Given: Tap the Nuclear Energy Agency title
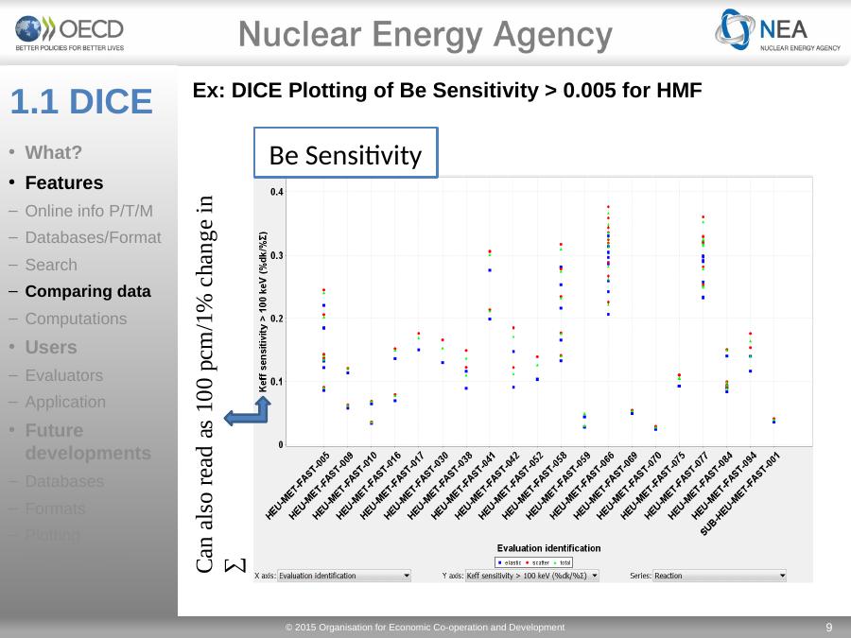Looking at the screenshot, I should pos(425,35).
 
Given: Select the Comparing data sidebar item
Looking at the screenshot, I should pos(88,291).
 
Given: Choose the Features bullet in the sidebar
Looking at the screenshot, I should pos(64,181).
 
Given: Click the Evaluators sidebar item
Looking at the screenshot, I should pos(64,375).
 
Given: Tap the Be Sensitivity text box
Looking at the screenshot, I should pos(346,154).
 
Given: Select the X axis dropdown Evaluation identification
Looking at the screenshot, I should pos(344,575).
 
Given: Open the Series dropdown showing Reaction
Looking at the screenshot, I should pos(720,575).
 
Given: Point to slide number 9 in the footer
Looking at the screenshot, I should pos(828,627).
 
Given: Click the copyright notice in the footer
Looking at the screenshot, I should pos(425,627).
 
